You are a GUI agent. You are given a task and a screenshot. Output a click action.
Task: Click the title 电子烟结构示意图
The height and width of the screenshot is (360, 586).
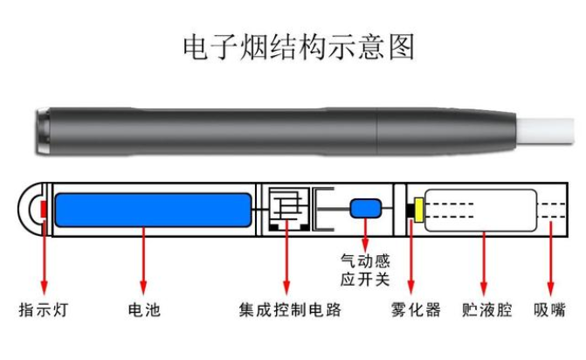(x=293, y=46)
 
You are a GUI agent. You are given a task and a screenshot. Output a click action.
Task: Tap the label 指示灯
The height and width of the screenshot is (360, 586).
(x=44, y=310)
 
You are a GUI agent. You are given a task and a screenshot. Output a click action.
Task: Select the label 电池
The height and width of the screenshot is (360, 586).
(x=145, y=310)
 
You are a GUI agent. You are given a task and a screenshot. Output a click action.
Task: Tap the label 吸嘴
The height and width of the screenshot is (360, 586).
(x=549, y=310)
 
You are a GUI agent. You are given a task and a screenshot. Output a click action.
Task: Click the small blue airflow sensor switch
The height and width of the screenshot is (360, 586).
(x=365, y=209)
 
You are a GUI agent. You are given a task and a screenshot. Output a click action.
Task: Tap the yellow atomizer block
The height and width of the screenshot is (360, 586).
(x=419, y=210)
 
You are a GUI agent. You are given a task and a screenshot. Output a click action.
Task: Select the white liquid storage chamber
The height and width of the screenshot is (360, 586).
(x=479, y=210)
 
